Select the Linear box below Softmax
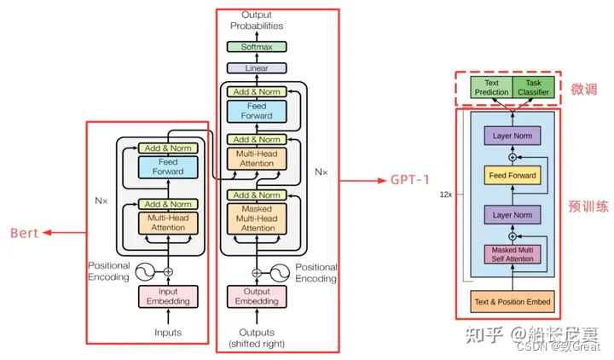(x=257, y=67)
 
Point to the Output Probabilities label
(x=257, y=20)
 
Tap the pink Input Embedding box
(x=167, y=296)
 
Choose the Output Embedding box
(x=257, y=296)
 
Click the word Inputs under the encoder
(x=167, y=332)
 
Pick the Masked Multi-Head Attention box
(x=257, y=218)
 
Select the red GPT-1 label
(x=415, y=181)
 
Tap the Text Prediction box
(x=490, y=87)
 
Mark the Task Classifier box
(x=533, y=87)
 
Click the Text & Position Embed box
(x=511, y=301)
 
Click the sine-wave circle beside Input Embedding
(x=146, y=271)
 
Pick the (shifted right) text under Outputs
(x=257, y=343)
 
